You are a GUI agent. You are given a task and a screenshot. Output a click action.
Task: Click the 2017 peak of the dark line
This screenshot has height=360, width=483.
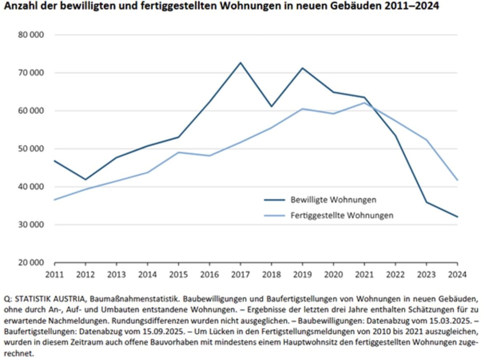pos(240,63)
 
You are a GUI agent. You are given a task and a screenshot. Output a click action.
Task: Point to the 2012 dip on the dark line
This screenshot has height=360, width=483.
pos(85,179)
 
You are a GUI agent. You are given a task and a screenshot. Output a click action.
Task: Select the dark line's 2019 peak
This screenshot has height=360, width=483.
pos(302,68)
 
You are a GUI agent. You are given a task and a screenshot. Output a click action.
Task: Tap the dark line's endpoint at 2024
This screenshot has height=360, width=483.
pos(457,217)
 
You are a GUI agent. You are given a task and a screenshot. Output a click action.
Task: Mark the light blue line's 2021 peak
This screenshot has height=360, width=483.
pos(364,103)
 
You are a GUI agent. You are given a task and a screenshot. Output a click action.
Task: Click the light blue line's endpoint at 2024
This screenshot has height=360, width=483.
pos(457,180)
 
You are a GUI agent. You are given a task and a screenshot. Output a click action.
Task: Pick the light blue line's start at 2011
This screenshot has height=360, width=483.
pos(55,199)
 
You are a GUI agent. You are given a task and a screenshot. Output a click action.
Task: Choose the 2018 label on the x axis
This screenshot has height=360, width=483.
pos(271,275)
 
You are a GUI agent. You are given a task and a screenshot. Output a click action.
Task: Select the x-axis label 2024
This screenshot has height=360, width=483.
pos(457,275)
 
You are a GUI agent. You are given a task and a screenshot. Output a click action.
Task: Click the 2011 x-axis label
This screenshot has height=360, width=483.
pos(55,275)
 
